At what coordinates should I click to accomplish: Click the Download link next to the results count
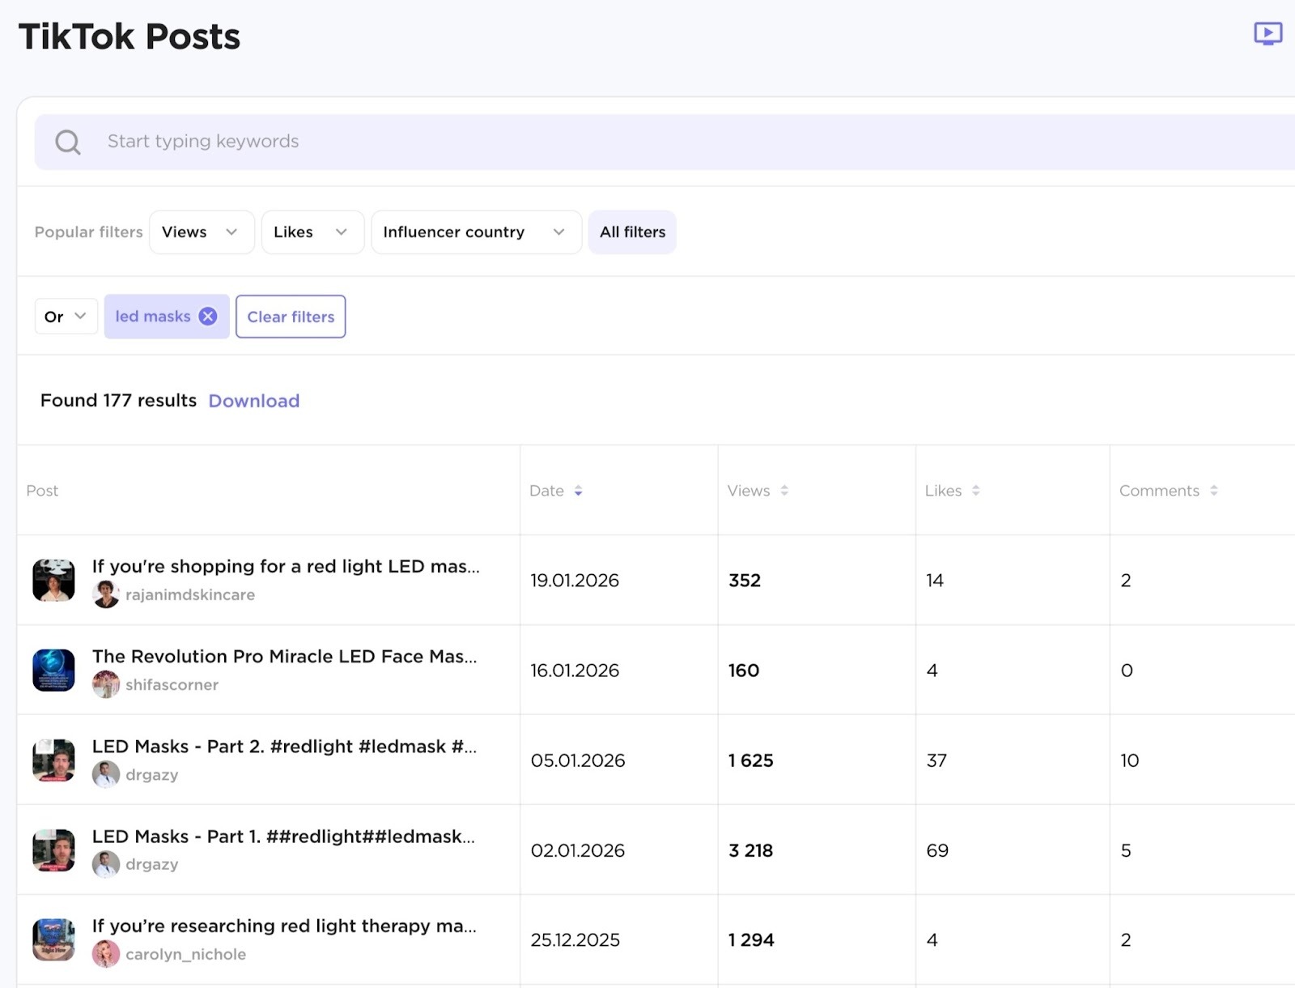pos(253,401)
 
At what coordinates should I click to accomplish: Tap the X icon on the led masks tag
pos(208,317)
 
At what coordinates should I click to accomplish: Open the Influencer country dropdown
pos(475,232)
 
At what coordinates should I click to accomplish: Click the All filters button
pos(632,232)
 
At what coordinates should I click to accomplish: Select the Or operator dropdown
pos(66,317)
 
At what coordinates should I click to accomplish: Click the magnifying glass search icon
pos(68,143)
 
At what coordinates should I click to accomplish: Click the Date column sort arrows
pos(578,491)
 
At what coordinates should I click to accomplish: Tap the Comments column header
pos(1159,491)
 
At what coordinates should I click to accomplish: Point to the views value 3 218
pos(750,850)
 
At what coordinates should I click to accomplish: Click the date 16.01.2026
pos(575,671)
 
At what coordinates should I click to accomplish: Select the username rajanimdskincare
pos(190,594)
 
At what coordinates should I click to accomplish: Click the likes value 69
pos(937,850)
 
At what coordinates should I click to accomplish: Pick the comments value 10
pos(1129,760)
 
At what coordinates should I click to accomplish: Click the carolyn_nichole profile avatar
pos(106,954)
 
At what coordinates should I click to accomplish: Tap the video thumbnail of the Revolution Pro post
pos(53,670)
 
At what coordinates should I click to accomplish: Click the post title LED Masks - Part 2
pos(283,747)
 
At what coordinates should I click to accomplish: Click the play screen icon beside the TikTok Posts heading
pos(1267,34)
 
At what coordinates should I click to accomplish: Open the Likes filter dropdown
pos(312,232)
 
